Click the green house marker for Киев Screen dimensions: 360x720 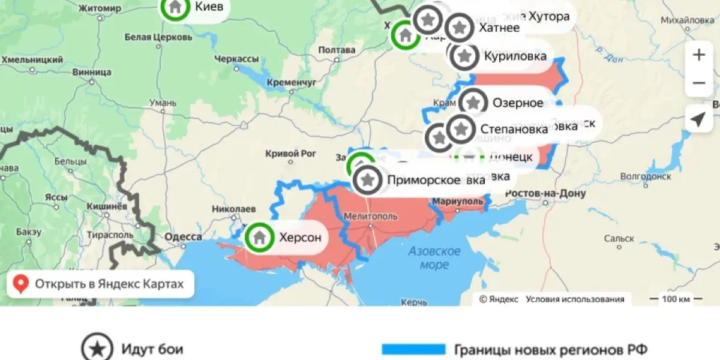pyautogui.click(x=175, y=7)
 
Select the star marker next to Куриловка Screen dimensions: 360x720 pyautogui.click(x=464, y=56)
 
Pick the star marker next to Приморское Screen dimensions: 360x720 pyautogui.click(x=368, y=179)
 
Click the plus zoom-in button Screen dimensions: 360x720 pyautogui.click(x=699, y=55)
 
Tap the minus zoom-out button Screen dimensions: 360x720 pyautogui.click(x=699, y=83)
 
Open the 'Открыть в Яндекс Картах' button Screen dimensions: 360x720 pyautogui.click(x=100, y=284)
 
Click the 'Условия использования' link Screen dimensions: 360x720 pyautogui.click(x=575, y=299)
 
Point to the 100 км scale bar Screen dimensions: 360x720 pyautogui.click(x=671, y=299)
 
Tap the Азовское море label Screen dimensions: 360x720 pyautogui.click(x=435, y=257)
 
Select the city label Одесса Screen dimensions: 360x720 pyautogui.click(x=183, y=237)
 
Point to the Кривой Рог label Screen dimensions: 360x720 pyautogui.click(x=290, y=154)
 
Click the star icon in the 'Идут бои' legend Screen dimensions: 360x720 pyautogui.click(x=97, y=349)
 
